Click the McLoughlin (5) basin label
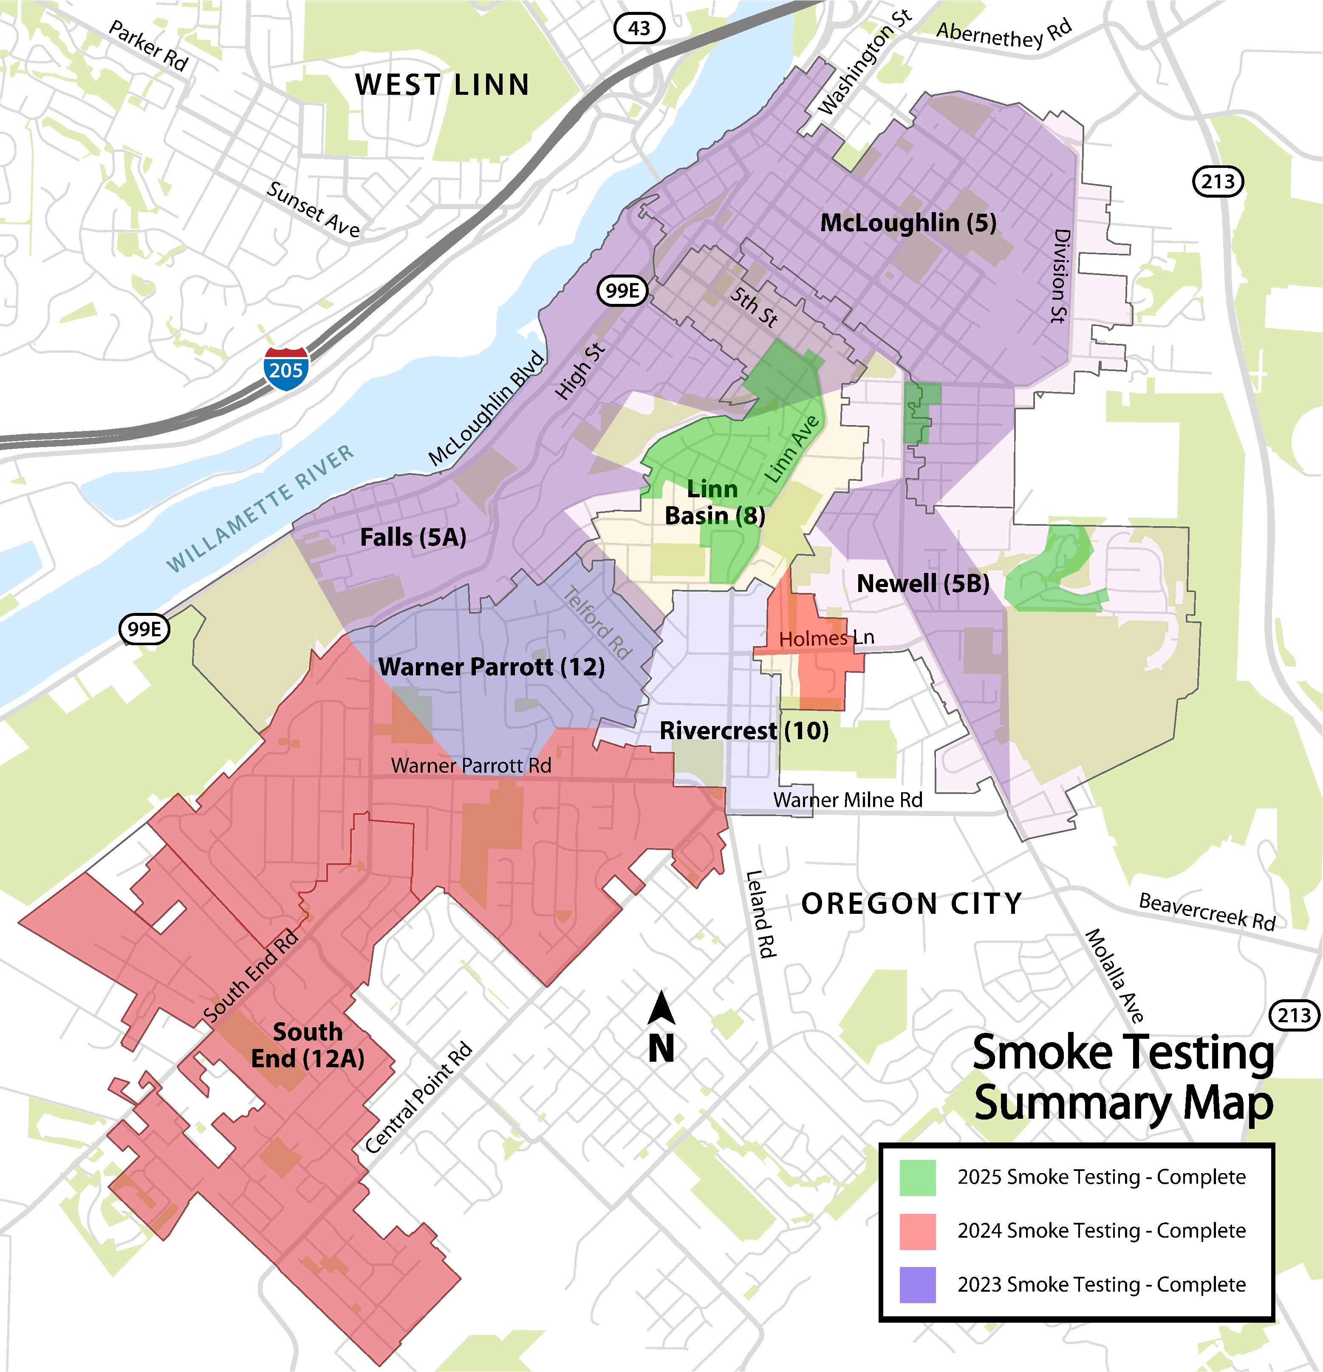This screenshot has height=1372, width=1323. coord(907,223)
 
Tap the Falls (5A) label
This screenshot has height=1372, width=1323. coord(413,538)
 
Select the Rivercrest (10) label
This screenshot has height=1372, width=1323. coord(743,731)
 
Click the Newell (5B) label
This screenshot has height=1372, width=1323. coord(923,583)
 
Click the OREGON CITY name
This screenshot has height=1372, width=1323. coord(911,904)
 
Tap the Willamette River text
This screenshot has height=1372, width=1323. coord(260,508)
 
